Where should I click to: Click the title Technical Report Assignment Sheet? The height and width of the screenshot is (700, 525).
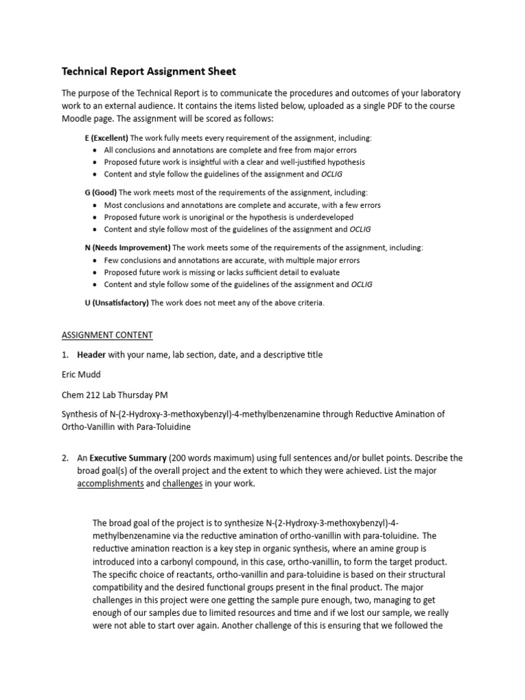[x=149, y=71]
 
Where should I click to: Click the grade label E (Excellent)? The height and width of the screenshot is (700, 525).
[x=106, y=137]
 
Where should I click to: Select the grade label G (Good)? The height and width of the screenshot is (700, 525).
[x=101, y=193]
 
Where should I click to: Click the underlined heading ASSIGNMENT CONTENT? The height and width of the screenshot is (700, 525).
[x=107, y=335]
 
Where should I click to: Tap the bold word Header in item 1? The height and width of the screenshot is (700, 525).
[x=92, y=355]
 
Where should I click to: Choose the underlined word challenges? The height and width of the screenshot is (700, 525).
[x=183, y=483]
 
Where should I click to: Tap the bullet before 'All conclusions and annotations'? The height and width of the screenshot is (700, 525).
[x=94, y=150]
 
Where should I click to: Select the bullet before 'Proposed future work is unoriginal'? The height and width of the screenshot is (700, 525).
[x=94, y=217]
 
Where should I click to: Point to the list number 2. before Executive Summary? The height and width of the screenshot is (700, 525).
[x=66, y=457]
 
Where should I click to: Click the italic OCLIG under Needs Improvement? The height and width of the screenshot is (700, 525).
[x=362, y=284]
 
